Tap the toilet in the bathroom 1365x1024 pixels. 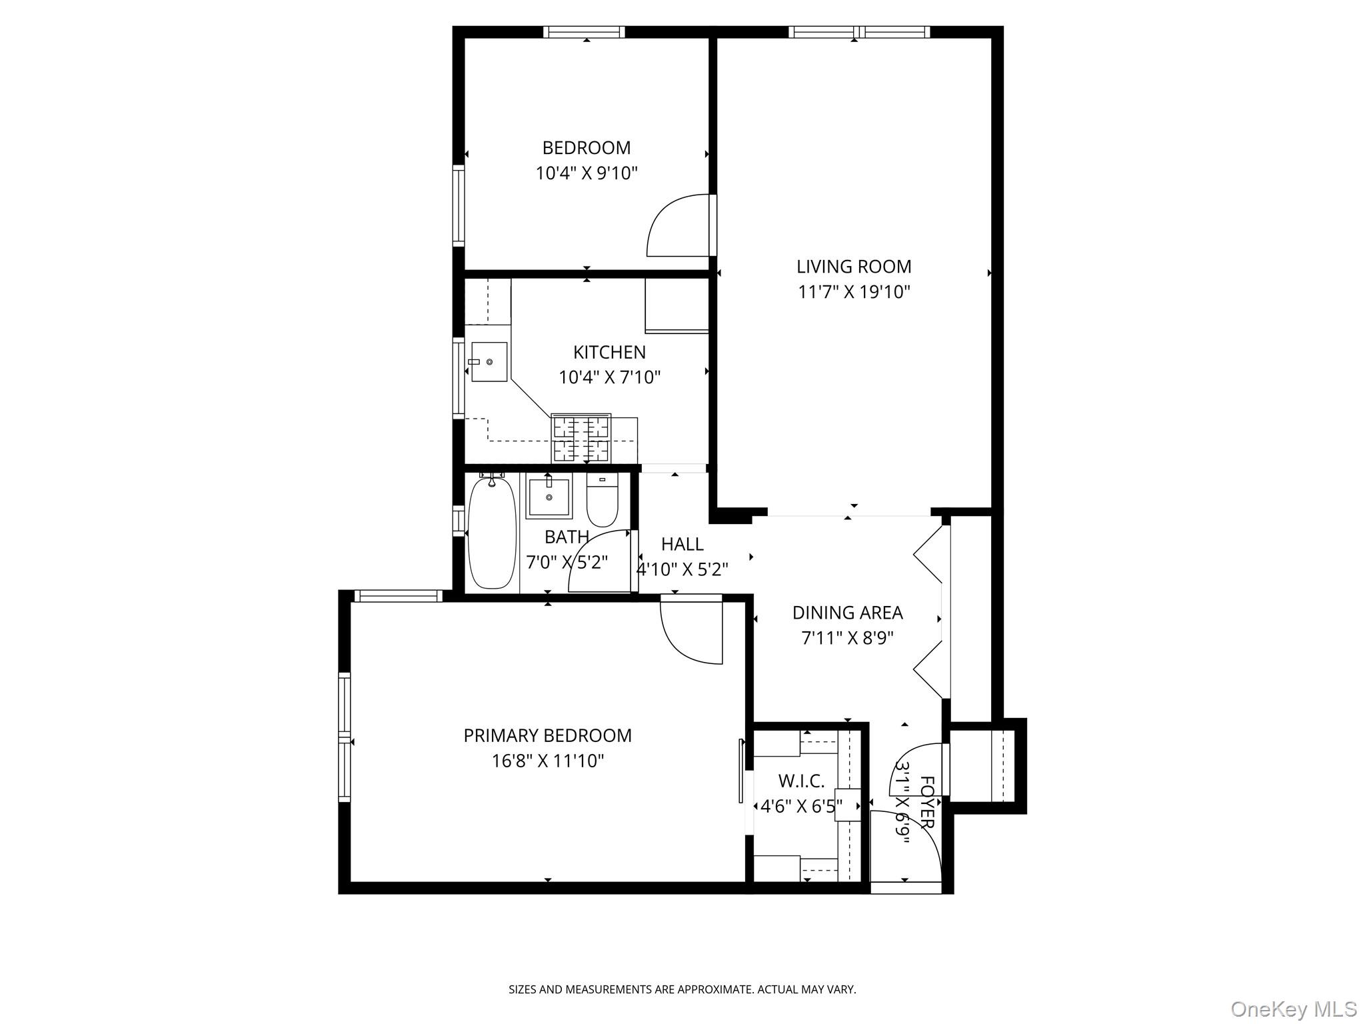pos(603,500)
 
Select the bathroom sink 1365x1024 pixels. pos(549,496)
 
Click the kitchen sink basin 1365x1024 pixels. pos(489,362)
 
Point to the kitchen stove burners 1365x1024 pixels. pos(581,438)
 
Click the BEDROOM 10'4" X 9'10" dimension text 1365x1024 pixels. pos(587,173)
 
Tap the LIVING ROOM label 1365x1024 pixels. pos(854,267)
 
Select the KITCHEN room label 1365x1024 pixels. pos(609,352)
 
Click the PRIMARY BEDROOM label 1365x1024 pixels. pos(547,735)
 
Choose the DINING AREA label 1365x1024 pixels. pos(847,613)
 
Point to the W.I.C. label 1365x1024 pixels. pos(801,781)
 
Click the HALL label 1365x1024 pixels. pos(682,545)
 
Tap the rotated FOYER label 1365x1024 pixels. pos(927,802)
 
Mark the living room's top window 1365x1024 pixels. pos(860,31)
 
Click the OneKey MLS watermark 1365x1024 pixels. pos(1293,1009)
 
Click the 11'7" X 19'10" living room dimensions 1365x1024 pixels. pos(854,292)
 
